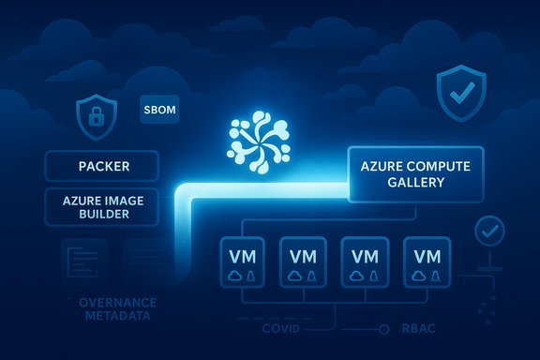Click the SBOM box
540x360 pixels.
[158, 111]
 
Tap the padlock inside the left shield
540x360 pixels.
[96, 118]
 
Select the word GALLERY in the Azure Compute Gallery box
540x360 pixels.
[414, 182]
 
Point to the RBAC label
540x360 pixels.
[415, 329]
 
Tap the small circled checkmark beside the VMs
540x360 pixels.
[487, 230]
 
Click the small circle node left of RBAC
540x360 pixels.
[382, 329]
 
